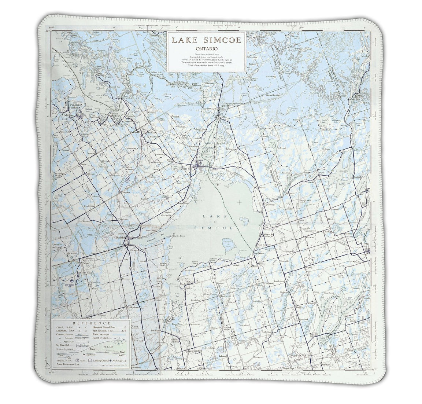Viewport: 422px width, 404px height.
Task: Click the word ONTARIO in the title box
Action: pyautogui.click(x=204, y=48)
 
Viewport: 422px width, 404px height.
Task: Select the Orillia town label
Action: pyautogui.click(x=185, y=169)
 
